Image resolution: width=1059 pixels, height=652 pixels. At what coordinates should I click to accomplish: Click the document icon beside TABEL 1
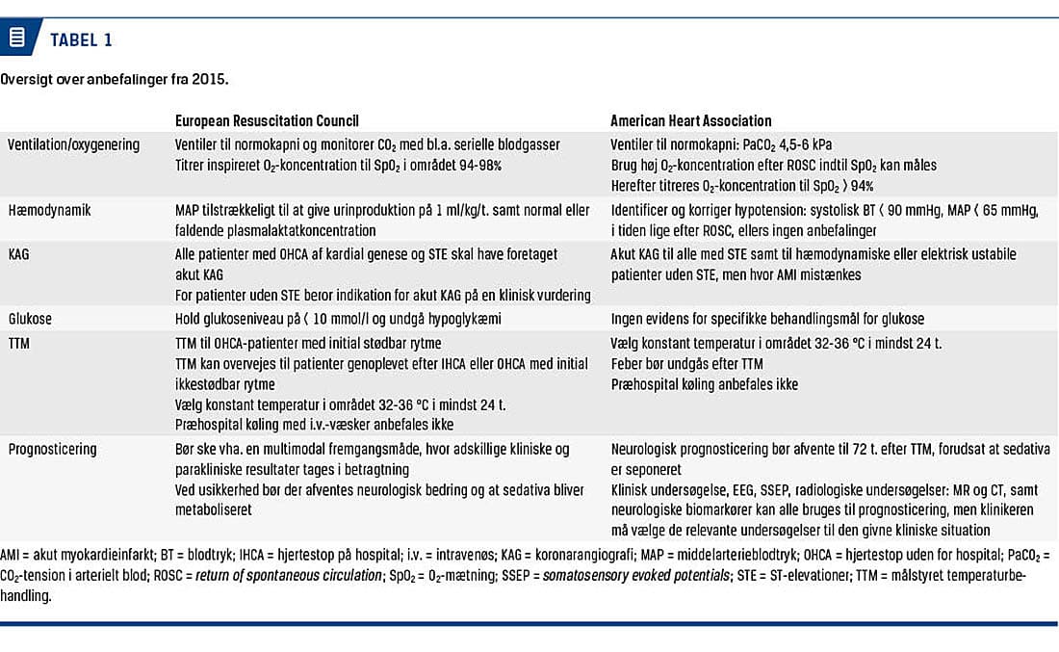[17, 39]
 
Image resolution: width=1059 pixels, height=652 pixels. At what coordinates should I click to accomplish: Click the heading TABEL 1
[81, 39]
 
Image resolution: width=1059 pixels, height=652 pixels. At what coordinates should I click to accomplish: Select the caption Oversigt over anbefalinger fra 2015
[115, 79]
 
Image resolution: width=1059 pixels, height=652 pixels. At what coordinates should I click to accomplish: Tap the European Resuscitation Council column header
[267, 121]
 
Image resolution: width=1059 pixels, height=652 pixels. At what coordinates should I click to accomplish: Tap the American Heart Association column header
[690, 121]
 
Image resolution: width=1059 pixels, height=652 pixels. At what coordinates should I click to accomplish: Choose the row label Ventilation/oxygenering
[73, 144]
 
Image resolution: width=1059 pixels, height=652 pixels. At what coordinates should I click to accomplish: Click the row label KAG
[20, 254]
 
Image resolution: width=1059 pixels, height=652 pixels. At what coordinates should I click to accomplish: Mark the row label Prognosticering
[54, 448]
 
